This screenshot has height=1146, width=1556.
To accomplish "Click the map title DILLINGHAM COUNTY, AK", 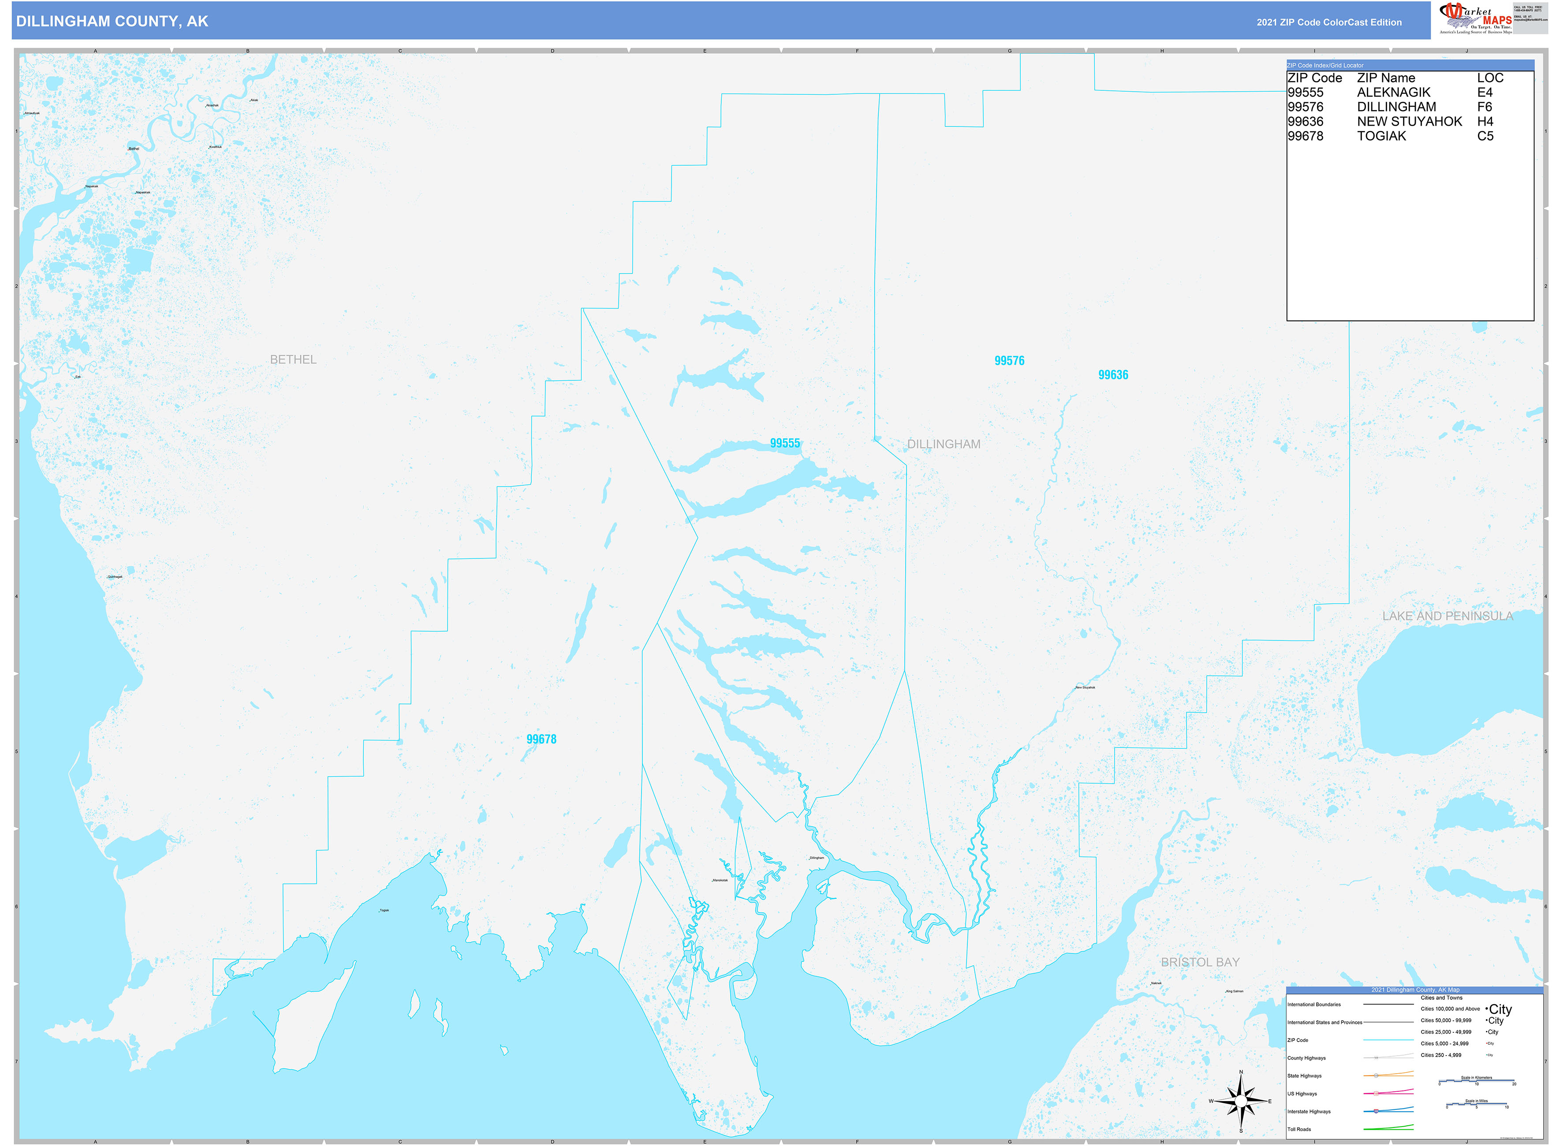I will (112, 22).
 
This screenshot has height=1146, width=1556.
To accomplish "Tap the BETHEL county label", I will (293, 359).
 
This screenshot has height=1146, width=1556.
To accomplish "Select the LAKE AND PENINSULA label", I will (1447, 616).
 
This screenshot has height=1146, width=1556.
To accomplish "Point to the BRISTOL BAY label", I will (1200, 962).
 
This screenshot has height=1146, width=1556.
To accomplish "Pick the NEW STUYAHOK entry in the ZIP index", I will (1409, 121).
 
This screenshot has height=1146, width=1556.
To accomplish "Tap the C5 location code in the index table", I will (1485, 136).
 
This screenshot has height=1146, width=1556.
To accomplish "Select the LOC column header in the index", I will (1489, 78).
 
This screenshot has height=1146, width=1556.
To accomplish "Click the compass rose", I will (1241, 1101).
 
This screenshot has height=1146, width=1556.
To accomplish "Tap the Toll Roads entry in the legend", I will (1299, 1129).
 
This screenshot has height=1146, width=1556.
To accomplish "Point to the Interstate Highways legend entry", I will (1309, 1111).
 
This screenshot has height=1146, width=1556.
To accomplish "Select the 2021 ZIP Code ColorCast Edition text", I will (1328, 22).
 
